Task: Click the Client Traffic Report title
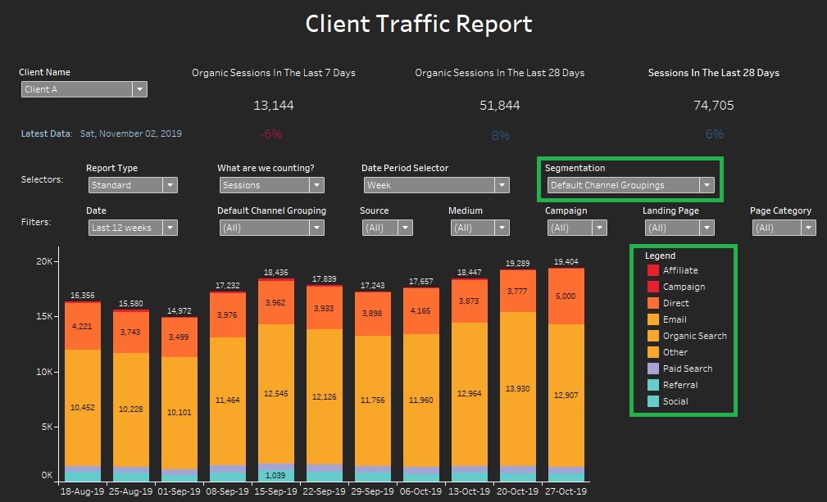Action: [x=419, y=24]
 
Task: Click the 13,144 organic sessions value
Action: [x=274, y=106]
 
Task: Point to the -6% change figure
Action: [x=271, y=134]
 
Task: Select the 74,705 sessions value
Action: [x=714, y=106]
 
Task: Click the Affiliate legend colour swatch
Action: [x=653, y=271]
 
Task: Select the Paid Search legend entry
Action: [x=688, y=369]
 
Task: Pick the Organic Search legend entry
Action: [x=694, y=336]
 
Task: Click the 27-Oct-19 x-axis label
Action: [x=566, y=491]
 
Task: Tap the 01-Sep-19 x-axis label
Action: [x=179, y=491]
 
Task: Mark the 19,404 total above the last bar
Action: [x=566, y=260]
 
